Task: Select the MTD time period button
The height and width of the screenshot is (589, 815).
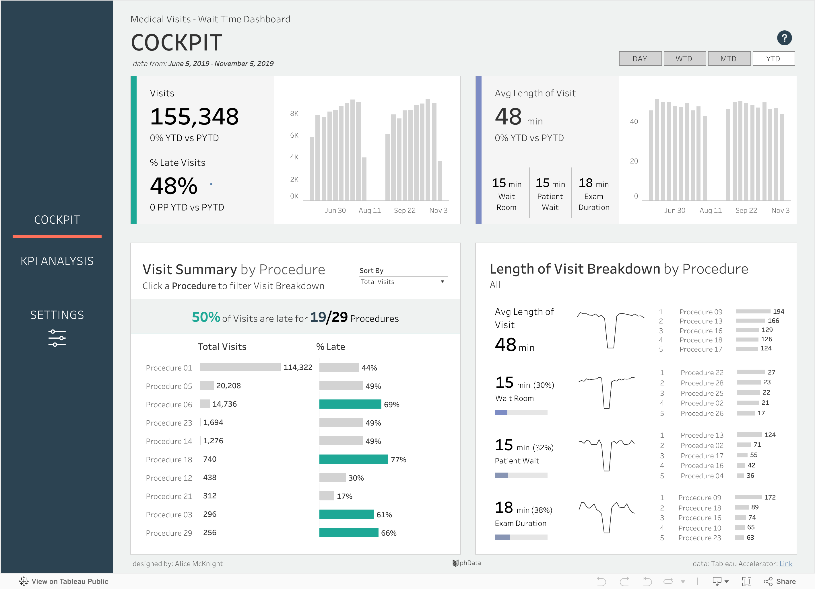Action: [728, 58]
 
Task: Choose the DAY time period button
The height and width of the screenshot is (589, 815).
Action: [640, 58]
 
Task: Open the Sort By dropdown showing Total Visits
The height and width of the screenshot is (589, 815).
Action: [403, 282]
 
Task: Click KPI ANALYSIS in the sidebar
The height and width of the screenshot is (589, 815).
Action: [57, 261]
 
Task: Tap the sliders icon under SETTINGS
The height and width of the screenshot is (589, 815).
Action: [57, 338]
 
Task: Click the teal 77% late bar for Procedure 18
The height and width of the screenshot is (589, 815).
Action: [354, 459]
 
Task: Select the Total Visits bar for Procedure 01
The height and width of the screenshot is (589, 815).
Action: [240, 367]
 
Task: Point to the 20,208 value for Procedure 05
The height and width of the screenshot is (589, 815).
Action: [228, 386]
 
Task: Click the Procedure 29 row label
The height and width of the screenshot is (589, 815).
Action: [169, 533]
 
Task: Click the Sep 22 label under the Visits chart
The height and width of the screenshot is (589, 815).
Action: [405, 210]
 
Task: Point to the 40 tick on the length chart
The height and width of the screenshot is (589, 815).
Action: [634, 121]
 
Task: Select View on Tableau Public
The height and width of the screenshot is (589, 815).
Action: [64, 582]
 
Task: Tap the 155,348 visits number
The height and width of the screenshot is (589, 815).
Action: [194, 116]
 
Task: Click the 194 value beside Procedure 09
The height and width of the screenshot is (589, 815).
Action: [778, 311]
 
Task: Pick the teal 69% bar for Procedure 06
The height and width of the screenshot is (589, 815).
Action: [350, 404]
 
